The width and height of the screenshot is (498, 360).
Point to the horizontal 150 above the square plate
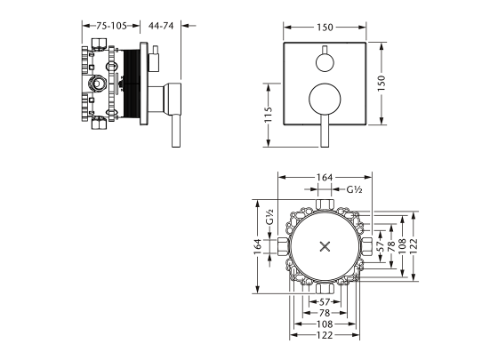(x=325, y=28)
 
